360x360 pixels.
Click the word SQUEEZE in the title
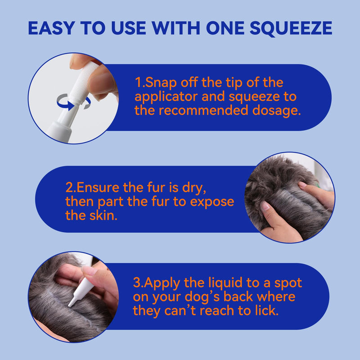tap(291, 28)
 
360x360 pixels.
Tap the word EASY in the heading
tap(51, 28)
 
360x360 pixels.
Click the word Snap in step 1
tap(161, 83)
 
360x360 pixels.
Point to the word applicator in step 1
tap(166, 97)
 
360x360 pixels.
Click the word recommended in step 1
tap(203, 110)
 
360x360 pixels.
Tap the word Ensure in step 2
tap(98, 188)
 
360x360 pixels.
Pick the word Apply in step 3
tap(162, 283)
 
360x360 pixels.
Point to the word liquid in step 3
tap(225, 283)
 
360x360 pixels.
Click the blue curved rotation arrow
tap(66, 102)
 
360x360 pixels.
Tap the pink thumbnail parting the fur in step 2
tap(265, 206)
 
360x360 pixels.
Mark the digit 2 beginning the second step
tap(69, 188)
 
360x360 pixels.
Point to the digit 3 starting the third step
tap(137, 283)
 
